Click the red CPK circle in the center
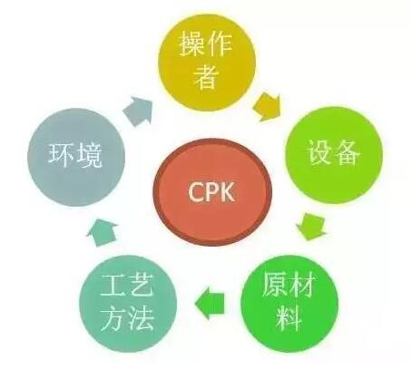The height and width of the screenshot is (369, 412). click(212, 191)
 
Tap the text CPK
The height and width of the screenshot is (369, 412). click(211, 192)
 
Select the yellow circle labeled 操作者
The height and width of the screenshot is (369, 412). click(207, 62)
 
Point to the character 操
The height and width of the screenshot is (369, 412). click(192, 44)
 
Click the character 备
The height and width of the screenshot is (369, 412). click(348, 152)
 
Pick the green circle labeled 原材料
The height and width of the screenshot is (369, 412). click(289, 303)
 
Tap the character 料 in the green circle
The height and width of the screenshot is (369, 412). click(289, 318)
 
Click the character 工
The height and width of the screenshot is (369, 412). click(113, 286)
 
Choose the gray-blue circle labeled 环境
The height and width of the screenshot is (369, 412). click(76, 157)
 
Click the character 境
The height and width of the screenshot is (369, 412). click(89, 155)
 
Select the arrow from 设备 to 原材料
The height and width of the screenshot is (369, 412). click(311, 226)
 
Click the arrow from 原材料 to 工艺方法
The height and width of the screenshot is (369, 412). click(210, 303)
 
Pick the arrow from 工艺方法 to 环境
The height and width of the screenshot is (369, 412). click(103, 232)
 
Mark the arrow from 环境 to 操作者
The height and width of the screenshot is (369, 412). click(139, 111)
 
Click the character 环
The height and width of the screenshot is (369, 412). click(62, 154)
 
